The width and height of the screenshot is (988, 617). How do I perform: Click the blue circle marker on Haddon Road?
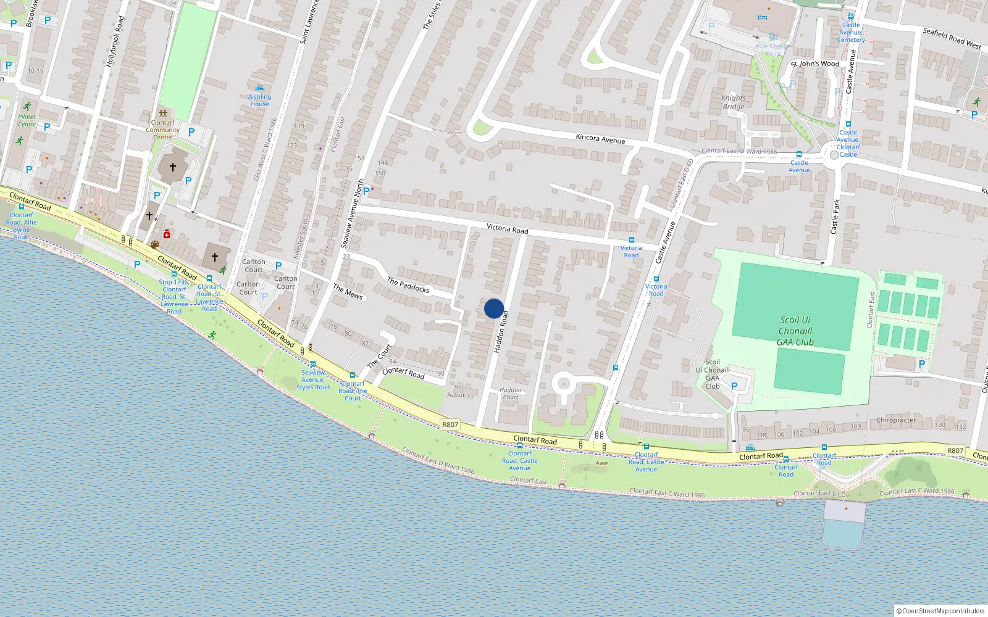(494, 308)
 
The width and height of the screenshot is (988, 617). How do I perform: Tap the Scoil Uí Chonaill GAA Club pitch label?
(795, 331)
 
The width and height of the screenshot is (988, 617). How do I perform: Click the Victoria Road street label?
(507, 228)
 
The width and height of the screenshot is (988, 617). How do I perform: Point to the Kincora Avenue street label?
(600, 139)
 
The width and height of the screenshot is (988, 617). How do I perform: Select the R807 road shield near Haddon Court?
(450, 424)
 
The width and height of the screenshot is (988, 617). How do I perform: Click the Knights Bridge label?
(733, 102)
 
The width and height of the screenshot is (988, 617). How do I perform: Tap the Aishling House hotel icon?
(259, 88)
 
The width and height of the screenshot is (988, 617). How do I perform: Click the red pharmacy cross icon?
(166, 234)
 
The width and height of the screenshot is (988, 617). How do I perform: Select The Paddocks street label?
(408, 284)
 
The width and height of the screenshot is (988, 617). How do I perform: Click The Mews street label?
(348, 291)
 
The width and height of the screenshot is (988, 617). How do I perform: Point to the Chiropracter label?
(895, 420)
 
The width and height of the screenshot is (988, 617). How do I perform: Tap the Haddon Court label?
(510, 394)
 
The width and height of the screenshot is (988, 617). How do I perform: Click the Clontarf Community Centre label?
(162, 130)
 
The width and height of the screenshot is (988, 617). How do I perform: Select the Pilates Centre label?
(27, 120)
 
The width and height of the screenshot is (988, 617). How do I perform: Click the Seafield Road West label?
(951, 38)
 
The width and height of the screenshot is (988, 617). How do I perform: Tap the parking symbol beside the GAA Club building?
(734, 386)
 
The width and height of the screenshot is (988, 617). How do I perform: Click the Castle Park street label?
(835, 216)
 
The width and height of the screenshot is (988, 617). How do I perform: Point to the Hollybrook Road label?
(115, 41)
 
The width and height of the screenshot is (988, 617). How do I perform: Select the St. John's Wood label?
(815, 64)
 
